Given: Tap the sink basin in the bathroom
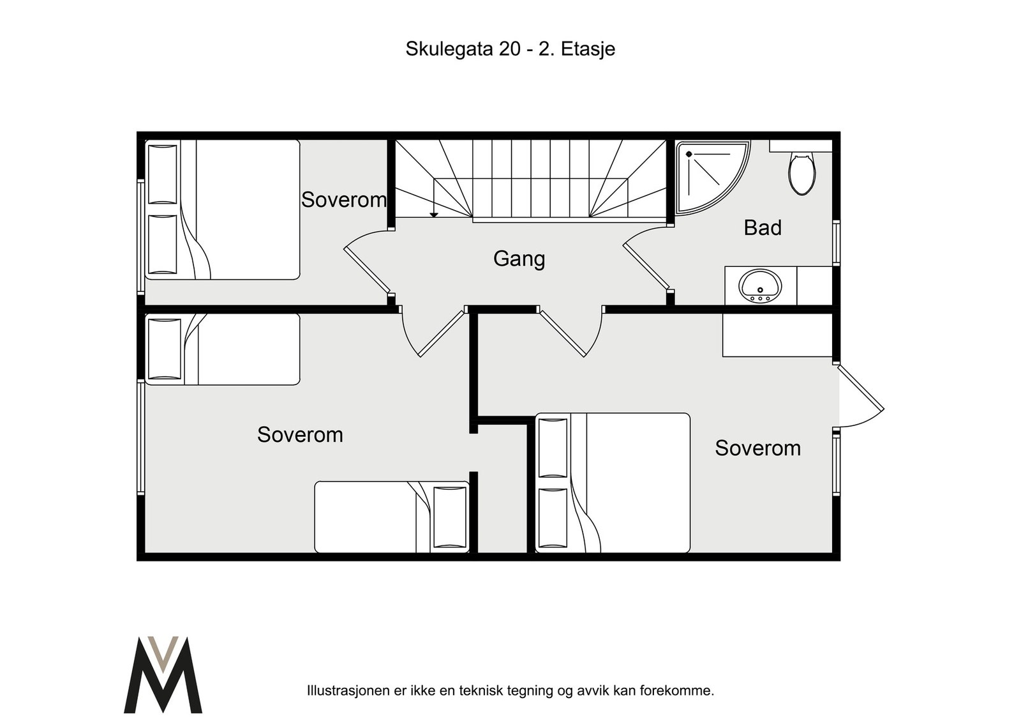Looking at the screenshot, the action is [x=760, y=286].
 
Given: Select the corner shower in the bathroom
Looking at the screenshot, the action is [x=712, y=177].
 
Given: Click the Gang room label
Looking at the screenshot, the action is [x=519, y=259].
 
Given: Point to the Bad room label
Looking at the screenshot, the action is [x=763, y=227].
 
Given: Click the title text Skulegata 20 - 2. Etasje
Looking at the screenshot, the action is [x=511, y=49].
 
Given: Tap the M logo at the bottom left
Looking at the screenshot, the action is [x=163, y=674].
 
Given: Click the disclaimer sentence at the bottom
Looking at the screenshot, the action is [x=511, y=690].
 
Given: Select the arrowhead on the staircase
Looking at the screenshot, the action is [x=434, y=215].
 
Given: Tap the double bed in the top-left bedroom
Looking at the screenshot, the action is [x=223, y=210].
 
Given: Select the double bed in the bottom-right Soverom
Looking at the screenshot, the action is [x=613, y=483].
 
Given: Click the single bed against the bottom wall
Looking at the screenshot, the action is [x=392, y=517].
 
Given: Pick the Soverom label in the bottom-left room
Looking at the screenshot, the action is [x=300, y=435].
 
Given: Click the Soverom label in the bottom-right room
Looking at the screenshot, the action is [x=757, y=448].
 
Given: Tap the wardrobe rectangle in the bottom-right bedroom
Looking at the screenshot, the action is [x=778, y=335].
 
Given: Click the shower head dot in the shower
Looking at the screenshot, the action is [x=689, y=154].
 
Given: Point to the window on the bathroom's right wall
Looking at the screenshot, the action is [x=837, y=243].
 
